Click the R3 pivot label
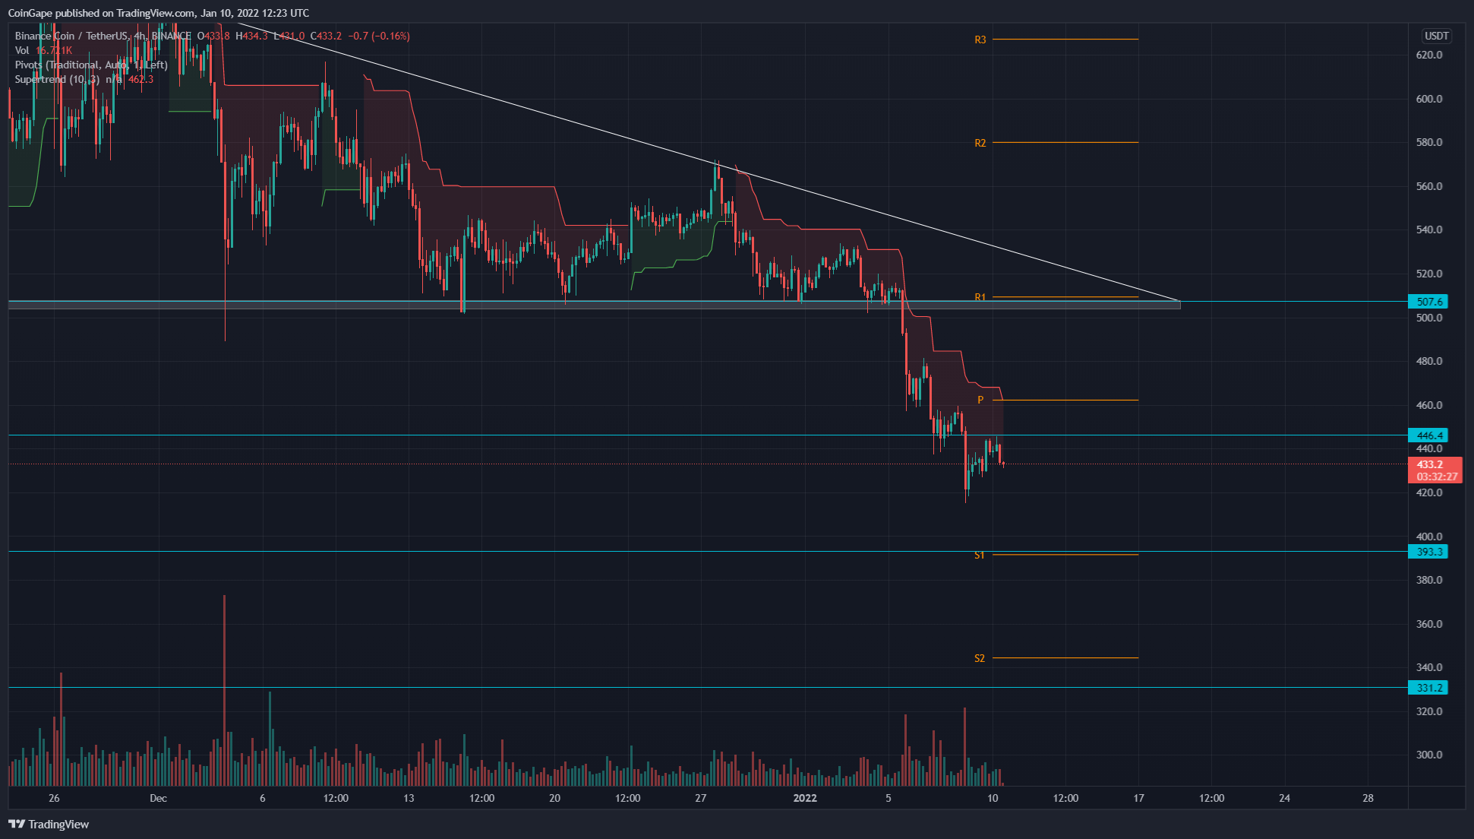(980, 40)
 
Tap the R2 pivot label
(980, 143)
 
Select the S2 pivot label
(980, 658)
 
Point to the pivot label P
(980, 400)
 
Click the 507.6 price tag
(1428, 302)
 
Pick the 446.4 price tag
(1428, 435)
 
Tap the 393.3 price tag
(1428, 552)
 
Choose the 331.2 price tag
(1428, 688)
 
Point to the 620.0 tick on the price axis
(1429, 55)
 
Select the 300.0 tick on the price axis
(1429, 755)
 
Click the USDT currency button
(1436, 36)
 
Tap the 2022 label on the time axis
(805, 798)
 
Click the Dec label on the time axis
(158, 798)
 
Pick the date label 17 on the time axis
(1138, 798)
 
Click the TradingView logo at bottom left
(49, 824)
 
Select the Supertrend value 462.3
(140, 79)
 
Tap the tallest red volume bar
(224, 684)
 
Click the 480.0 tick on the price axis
(1429, 361)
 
